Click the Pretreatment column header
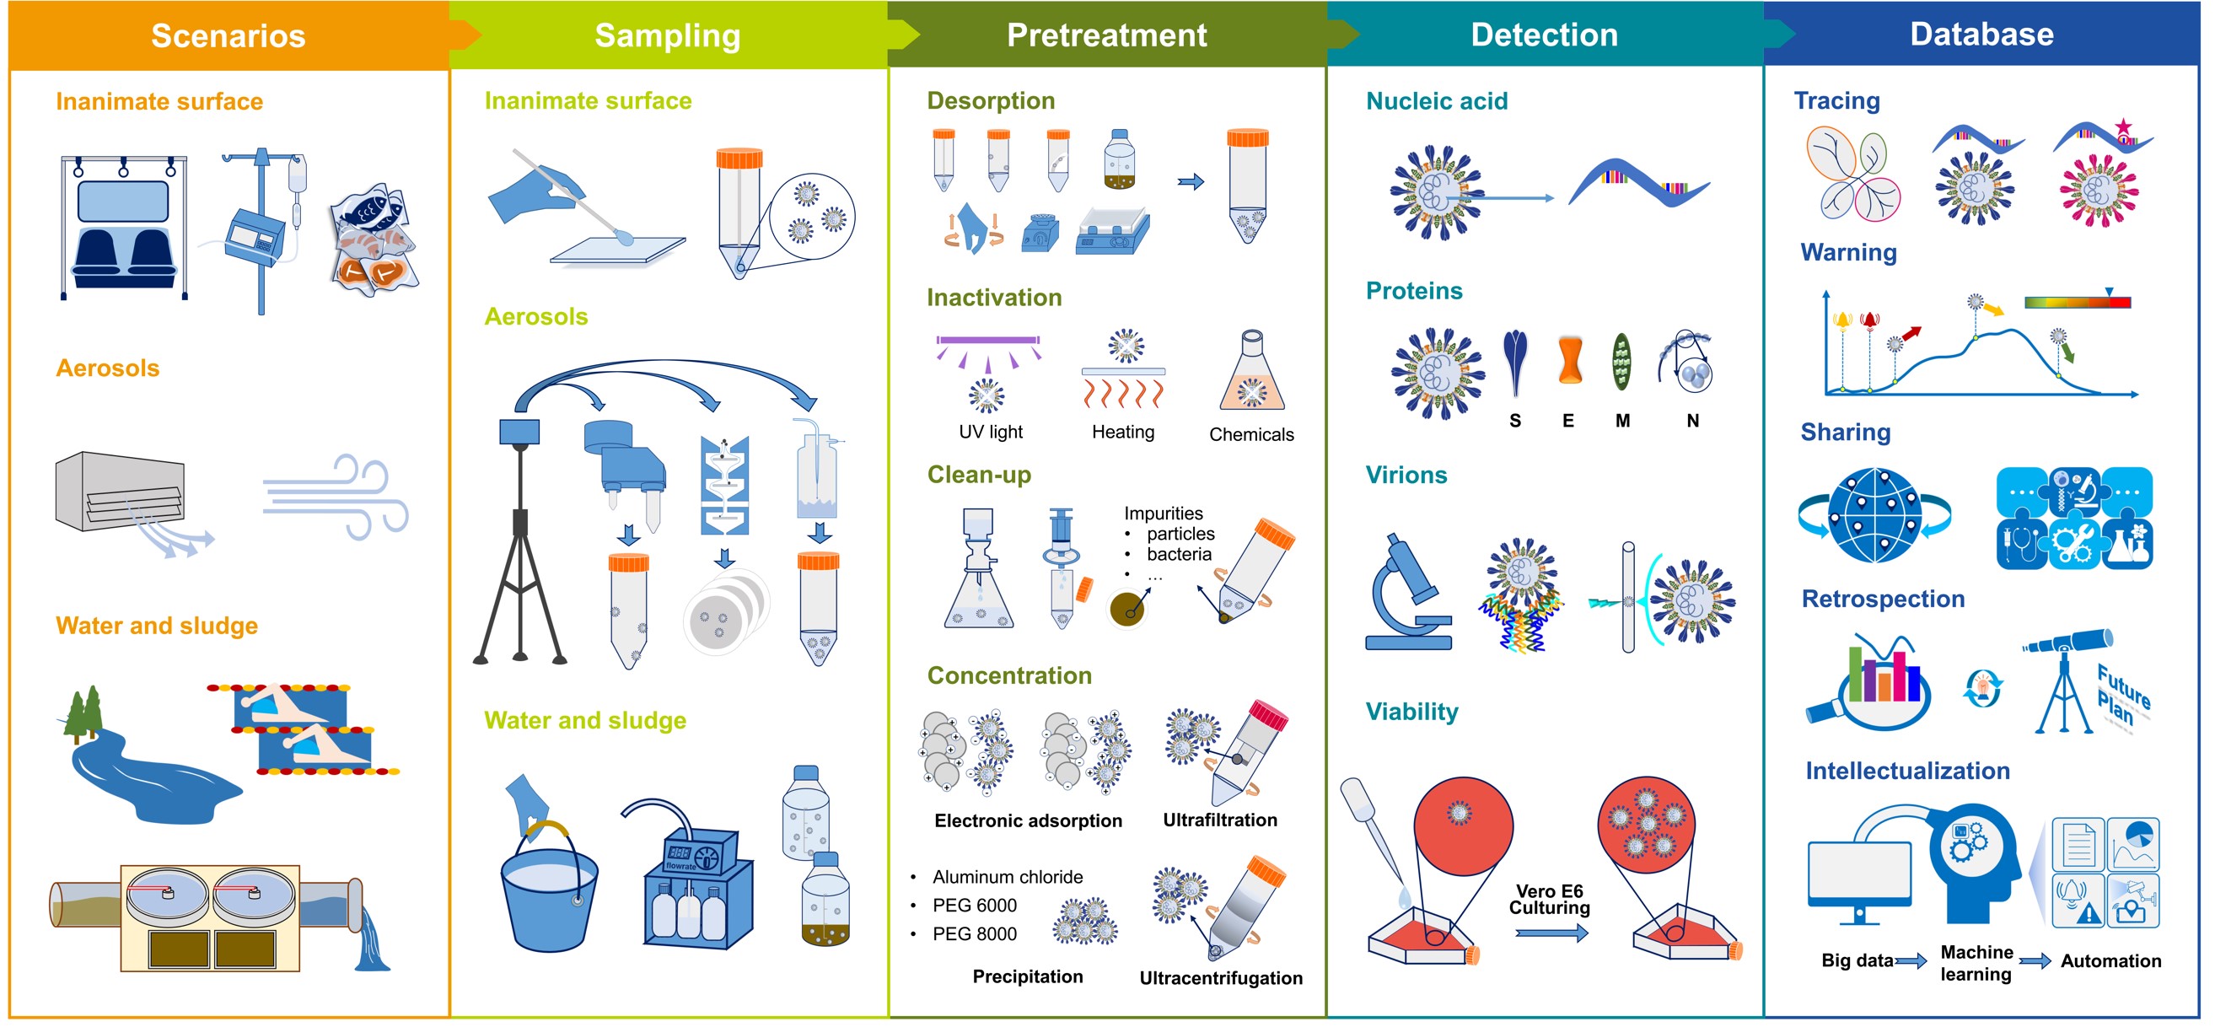[x=1106, y=35]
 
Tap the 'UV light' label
[x=991, y=432]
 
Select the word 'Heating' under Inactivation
[x=1123, y=432]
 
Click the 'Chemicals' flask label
[x=1251, y=434]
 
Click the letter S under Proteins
[x=1515, y=421]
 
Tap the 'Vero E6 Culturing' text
[x=1550, y=899]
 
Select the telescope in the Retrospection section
[x=2066, y=680]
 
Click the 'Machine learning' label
[x=1976, y=962]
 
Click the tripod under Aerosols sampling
[x=520, y=542]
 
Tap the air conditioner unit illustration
[x=121, y=490]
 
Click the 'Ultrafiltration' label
[x=1219, y=820]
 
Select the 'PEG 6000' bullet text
[x=974, y=905]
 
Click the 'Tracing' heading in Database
[x=1836, y=100]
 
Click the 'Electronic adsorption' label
[x=1028, y=820]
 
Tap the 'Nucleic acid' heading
[x=1437, y=100]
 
